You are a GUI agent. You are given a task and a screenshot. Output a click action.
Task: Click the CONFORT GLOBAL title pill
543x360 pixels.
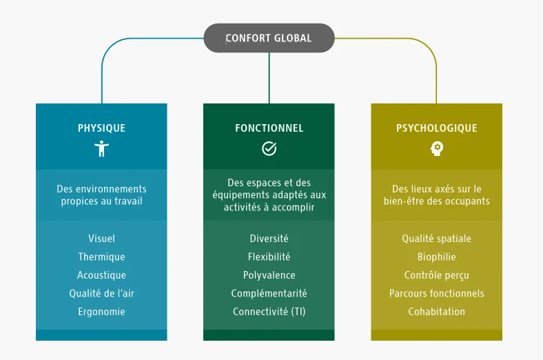pyautogui.click(x=269, y=38)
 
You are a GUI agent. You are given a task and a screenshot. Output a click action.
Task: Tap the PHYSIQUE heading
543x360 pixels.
pyautogui.click(x=101, y=128)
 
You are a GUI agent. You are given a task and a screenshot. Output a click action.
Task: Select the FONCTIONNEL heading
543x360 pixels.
pyautogui.click(x=269, y=128)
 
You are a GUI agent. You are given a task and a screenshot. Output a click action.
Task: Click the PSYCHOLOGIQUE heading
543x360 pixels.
pyautogui.click(x=436, y=128)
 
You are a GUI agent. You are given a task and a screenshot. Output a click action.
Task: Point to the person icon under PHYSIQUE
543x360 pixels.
pyautogui.click(x=101, y=148)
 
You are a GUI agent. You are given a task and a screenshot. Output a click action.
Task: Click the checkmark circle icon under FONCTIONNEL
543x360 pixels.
pyautogui.click(x=269, y=148)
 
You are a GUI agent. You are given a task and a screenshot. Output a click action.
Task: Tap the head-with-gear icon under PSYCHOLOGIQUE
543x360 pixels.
pyautogui.click(x=436, y=148)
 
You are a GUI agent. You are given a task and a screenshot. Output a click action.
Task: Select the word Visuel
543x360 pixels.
pyautogui.click(x=101, y=239)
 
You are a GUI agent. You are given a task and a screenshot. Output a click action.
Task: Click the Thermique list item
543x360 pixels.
pyautogui.click(x=101, y=257)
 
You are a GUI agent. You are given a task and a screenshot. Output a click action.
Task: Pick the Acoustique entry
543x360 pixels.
pyautogui.click(x=101, y=275)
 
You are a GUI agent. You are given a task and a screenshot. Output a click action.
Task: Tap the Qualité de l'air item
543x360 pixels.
pyautogui.click(x=101, y=293)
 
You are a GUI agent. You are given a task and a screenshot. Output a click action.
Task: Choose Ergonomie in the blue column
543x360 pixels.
pyautogui.click(x=101, y=312)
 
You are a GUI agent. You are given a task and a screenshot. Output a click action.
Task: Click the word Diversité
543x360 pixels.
pyautogui.click(x=269, y=239)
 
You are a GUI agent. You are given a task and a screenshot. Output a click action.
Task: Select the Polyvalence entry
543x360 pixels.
pyautogui.click(x=269, y=275)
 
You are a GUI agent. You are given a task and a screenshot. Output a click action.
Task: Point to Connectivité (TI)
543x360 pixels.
pyautogui.click(x=269, y=312)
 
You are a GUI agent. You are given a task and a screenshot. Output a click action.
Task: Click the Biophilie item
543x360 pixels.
pyautogui.click(x=436, y=257)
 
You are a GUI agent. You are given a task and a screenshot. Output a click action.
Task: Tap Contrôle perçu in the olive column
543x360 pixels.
pyautogui.click(x=436, y=275)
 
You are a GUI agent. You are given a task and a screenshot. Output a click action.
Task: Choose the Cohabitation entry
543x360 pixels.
pyautogui.click(x=436, y=312)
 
